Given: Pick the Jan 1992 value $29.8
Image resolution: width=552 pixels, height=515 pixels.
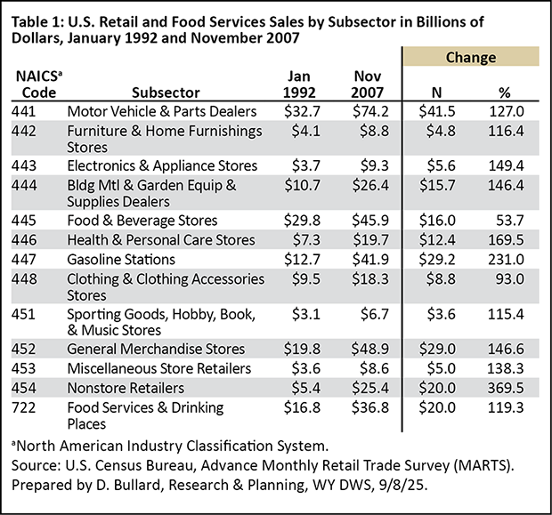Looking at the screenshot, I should [x=294, y=220].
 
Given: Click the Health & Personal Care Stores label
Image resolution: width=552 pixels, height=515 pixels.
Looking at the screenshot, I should [x=161, y=239].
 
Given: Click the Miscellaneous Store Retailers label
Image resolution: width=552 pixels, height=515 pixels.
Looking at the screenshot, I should [x=158, y=367].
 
